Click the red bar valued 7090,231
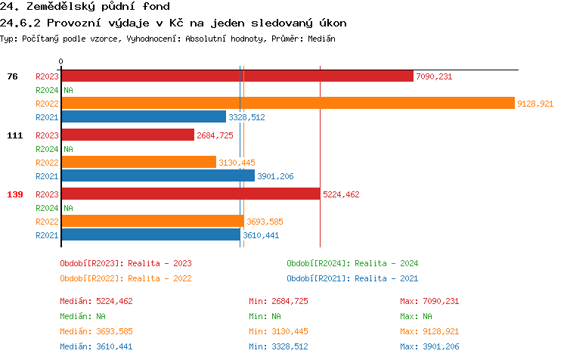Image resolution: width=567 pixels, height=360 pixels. coord(237,76)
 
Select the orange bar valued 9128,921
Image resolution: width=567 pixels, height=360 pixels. coord(288,104)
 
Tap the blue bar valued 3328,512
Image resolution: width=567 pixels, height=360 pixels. coord(144,117)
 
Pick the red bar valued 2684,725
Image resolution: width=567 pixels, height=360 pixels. coord(128,135)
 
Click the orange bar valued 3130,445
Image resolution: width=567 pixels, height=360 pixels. coord(138,163)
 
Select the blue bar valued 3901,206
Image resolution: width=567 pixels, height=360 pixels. coord(158,176)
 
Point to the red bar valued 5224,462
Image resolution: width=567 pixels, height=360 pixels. coord(191,194)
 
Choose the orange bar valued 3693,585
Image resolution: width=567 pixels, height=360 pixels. coord(153,222)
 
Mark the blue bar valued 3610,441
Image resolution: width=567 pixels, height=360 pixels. coord(150,235)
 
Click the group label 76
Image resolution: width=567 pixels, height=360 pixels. coord(12,76)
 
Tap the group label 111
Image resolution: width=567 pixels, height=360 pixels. coord(14,135)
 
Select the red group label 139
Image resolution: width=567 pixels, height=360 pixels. coord(14,194)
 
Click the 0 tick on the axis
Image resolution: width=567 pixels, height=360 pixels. coord(61,62)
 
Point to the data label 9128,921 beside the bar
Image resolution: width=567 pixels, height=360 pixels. coord(535,104)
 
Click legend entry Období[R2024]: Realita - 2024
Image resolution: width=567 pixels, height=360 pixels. coord(352,263)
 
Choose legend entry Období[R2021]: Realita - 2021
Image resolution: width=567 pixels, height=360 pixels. coord(352,278)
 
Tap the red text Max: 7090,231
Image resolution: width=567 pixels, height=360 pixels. coord(429,301)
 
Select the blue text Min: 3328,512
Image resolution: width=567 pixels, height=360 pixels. coord(278,346)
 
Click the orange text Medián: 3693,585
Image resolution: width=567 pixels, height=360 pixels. coord(96,331)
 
